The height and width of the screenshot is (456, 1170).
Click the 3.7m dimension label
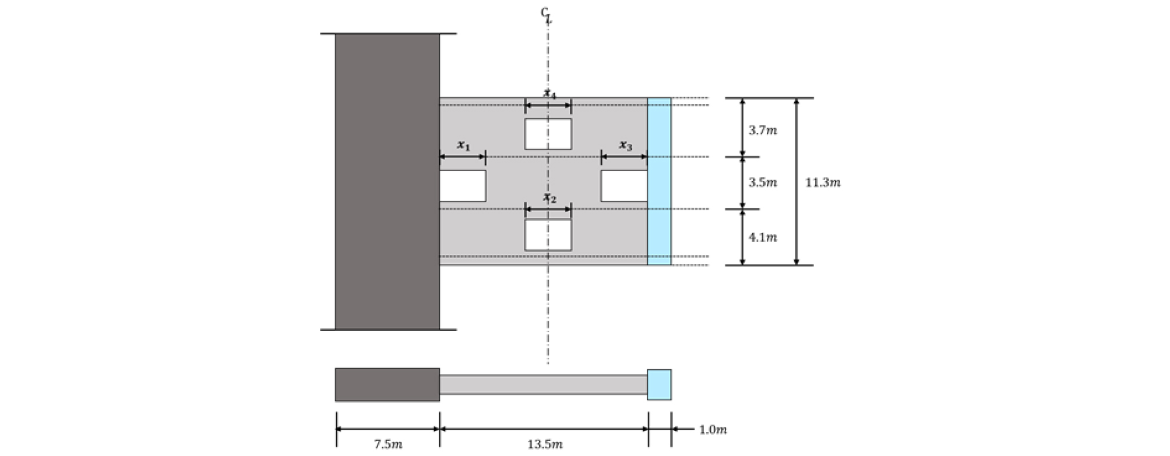click(762, 130)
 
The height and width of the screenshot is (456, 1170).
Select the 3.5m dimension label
click(762, 182)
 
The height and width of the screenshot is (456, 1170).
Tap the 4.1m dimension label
click(762, 237)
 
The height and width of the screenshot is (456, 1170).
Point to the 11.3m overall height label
click(822, 182)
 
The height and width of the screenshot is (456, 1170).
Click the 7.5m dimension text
click(387, 444)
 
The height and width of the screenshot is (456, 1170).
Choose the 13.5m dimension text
click(544, 444)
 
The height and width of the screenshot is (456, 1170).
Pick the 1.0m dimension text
click(713, 430)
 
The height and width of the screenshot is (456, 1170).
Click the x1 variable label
click(463, 145)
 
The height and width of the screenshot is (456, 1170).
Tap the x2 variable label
click(549, 198)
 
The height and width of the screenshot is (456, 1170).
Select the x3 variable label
click(625, 145)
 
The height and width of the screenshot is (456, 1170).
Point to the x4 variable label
click(549, 93)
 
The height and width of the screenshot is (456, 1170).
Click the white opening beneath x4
click(548, 134)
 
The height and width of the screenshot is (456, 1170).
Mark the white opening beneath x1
click(463, 186)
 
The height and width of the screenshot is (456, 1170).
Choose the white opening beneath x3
click(624, 186)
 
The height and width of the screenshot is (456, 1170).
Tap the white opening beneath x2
click(548, 235)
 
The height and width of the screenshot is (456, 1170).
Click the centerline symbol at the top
click(546, 15)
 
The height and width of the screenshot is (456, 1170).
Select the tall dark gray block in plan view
click(387, 181)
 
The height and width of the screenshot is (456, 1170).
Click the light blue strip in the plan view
click(659, 181)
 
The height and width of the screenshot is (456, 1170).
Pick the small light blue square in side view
click(659, 384)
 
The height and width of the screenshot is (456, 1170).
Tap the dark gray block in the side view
click(387, 384)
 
